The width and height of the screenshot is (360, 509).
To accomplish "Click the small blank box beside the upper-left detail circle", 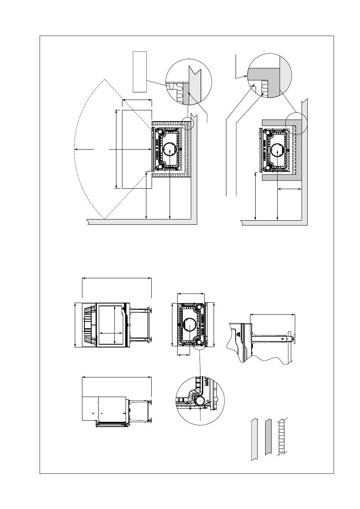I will (x=140, y=71).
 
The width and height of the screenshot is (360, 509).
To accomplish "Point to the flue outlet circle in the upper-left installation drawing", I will (x=170, y=150).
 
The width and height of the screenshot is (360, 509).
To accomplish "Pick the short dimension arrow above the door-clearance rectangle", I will (x=137, y=100).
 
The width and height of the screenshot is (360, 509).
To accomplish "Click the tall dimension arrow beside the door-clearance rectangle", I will (x=116, y=149).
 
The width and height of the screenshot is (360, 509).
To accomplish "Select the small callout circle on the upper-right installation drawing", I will (x=296, y=122).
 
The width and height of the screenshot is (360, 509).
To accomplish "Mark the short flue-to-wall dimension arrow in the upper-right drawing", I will (x=290, y=188).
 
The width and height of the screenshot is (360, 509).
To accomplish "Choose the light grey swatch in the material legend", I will (x=254, y=439).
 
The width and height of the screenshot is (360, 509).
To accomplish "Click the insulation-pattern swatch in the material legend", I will (x=283, y=437).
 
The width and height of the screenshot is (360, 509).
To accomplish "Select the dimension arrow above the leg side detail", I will (x=272, y=315).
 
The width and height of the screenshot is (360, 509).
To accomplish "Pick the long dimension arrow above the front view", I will (x=116, y=279).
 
